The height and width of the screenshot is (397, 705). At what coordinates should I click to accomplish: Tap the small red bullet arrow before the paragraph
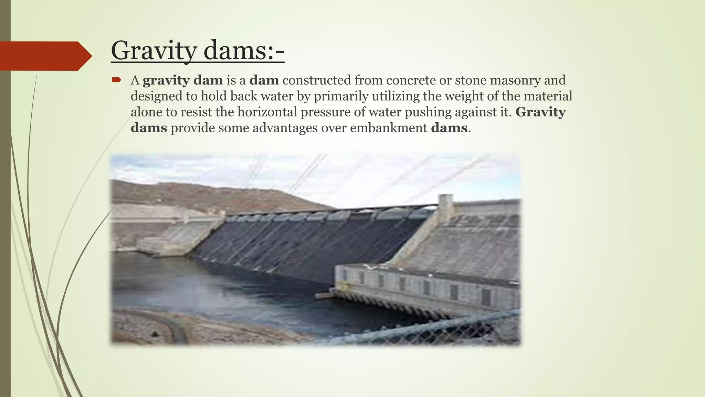[116, 80]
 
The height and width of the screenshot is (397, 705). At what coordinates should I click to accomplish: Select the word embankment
[389, 128]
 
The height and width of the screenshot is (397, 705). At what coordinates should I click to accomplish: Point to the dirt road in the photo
[165, 324]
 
